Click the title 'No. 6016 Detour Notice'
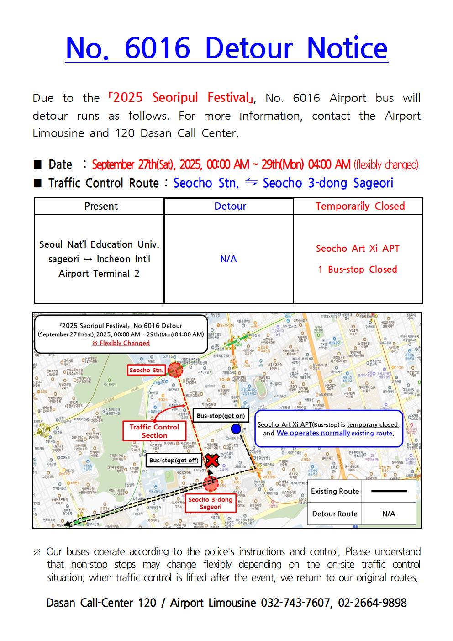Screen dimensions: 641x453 [x=226, y=48]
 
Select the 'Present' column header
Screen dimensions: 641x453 [x=101, y=206]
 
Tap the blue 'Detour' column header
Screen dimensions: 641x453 [x=230, y=206]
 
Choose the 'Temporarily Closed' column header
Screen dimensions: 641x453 [x=360, y=206]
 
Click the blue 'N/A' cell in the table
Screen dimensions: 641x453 [x=228, y=259]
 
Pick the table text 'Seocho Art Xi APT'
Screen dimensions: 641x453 [x=358, y=249]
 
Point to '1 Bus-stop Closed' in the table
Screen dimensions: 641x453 [x=358, y=270]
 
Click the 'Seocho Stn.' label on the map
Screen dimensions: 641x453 [x=146, y=370]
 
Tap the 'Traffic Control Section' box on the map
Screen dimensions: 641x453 [x=154, y=431]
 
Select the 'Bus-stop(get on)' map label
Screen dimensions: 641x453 [x=221, y=416]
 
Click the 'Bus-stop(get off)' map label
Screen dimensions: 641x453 [x=174, y=460]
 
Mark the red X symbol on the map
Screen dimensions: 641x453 [x=211, y=461]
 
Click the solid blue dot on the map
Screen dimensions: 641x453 [x=236, y=429]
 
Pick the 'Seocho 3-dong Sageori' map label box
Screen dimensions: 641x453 [x=210, y=503]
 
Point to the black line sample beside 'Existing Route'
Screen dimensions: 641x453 [x=389, y=491]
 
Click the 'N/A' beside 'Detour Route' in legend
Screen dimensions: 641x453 [x=389, y=514]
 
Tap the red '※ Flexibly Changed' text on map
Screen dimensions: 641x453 [x=121, y=343]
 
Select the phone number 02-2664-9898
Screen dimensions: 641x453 [x=372, y=603]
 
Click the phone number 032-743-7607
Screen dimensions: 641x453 [x=295, y=603]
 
